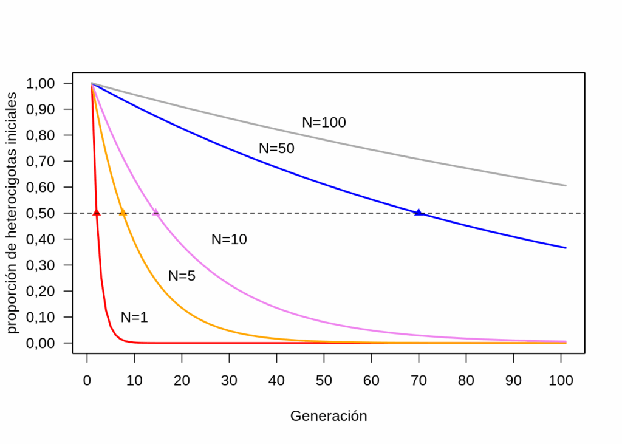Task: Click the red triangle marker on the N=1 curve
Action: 97,212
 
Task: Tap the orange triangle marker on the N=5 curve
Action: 123,213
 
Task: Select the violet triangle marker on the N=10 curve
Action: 155,213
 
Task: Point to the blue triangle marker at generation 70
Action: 419,212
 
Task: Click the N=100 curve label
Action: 324,123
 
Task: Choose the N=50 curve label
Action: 276,148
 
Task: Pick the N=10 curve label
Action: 229,239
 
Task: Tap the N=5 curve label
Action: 182,276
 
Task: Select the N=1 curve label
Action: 134,317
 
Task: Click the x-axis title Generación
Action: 329,416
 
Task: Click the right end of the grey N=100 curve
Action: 566,185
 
